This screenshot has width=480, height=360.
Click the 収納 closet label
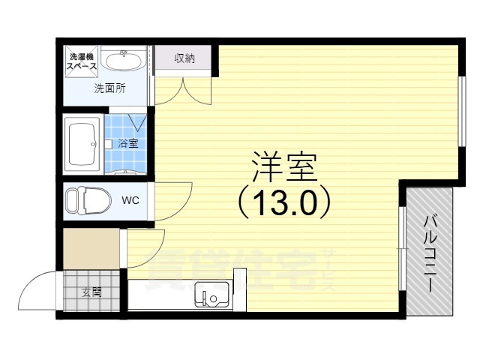pos(184,59)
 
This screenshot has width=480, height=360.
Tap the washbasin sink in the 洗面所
pos(125,60)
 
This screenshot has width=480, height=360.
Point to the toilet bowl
pos(85,201)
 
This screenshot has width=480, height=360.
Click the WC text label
pos(130,200)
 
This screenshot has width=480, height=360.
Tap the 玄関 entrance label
pos(91,292)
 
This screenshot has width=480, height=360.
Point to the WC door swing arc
pos(175,201)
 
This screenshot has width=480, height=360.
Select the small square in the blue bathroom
pos(109,142)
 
